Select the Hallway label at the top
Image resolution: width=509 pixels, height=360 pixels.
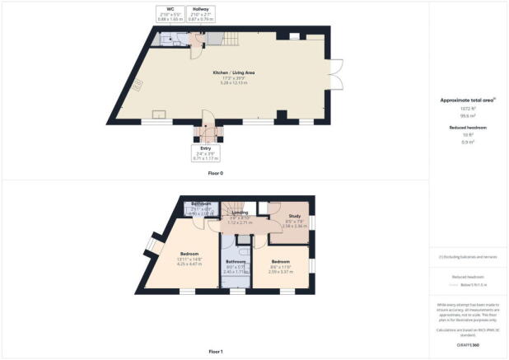click(x=200, y=10)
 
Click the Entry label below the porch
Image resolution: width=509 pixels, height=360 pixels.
click(x=205, y=148)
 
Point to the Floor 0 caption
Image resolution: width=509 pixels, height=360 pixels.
click(x=215, y=174)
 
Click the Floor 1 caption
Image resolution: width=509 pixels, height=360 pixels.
click(x=215, y=352)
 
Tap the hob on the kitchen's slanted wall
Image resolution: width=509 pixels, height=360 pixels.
click(x=139, y=83)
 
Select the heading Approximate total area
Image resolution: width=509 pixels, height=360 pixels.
click(x=466, y=100)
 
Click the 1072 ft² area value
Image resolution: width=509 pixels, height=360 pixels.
click(x=467, y=108)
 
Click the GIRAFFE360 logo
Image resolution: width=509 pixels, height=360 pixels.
click(x=468, y=344)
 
